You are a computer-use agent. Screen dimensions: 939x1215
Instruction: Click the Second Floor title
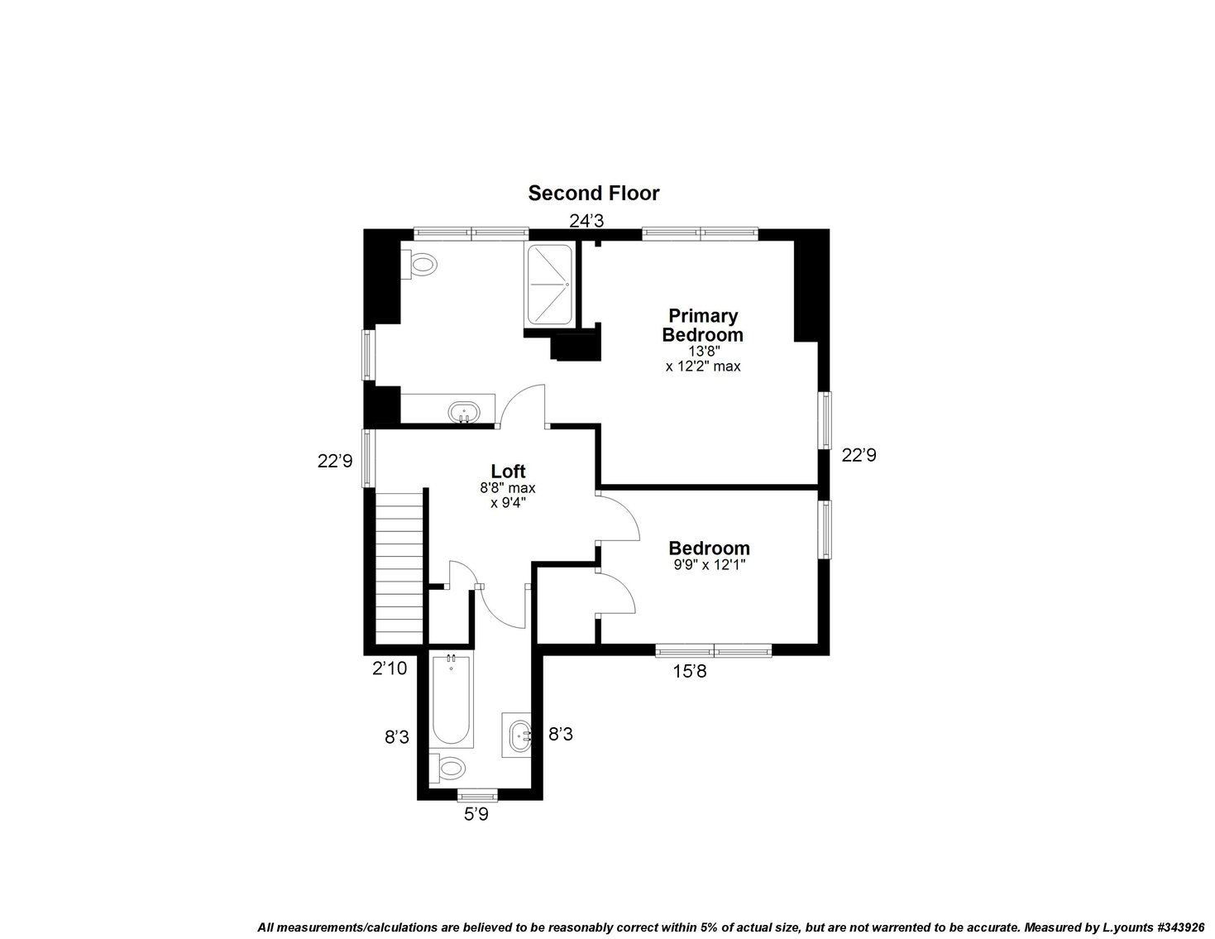click(x=593, y=194)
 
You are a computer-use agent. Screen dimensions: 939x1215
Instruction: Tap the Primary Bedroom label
click(x=702, y=325)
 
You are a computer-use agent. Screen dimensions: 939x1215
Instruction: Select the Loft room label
click(x=508, y=471)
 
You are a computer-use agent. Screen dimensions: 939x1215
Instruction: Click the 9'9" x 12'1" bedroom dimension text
click(x=709, y=566)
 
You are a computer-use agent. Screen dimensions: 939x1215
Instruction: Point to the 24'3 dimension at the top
click(x=586, y=221)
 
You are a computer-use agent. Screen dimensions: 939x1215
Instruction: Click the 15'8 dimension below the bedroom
click(x=689, y=672)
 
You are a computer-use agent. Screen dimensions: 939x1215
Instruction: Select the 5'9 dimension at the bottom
click(x=476, y=815)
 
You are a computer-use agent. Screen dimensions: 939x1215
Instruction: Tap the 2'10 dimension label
click(x=389, y=668)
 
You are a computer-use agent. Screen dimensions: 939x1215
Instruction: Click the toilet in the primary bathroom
click(x=422, y=266)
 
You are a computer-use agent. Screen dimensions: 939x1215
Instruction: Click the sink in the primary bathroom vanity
click(x=463, y=411)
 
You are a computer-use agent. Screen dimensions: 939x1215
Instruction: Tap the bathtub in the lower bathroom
click(x=452, y=700)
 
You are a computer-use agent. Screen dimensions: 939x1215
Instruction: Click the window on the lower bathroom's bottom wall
click(x=478, y=795)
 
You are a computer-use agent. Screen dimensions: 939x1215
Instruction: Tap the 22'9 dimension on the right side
click(x=859, y=454)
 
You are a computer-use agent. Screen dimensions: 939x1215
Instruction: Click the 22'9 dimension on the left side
click(x=335, y=461)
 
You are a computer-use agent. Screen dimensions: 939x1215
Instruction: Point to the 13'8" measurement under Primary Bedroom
click(x=702, y=351)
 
